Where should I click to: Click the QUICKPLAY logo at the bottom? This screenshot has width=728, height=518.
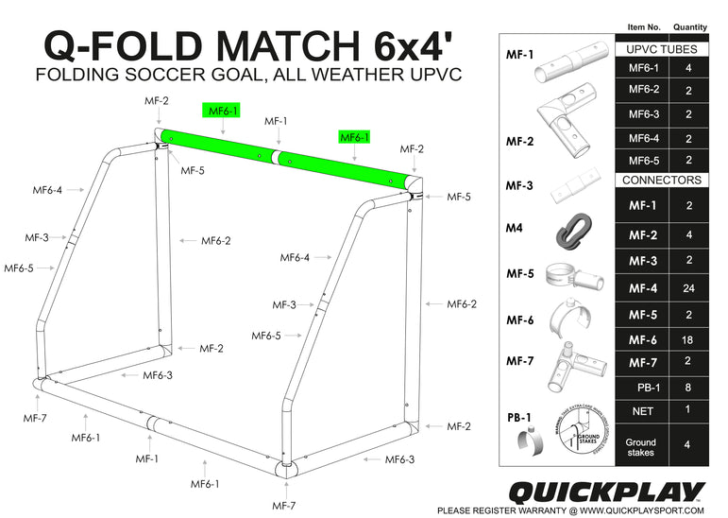(x=606, y=491)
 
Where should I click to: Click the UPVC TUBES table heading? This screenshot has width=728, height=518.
(x=663, y=48)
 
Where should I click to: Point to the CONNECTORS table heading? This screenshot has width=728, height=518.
(x=663, y=180)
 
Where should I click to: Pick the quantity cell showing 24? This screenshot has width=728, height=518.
(x=687, y=287)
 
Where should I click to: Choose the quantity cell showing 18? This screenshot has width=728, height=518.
(x=687, y=339)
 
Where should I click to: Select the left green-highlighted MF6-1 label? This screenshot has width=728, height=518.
(x=223, y=112)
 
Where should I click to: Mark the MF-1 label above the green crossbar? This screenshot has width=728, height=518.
(x=276, y=121)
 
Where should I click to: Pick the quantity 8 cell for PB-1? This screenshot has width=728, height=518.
(x=687, y=386)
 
